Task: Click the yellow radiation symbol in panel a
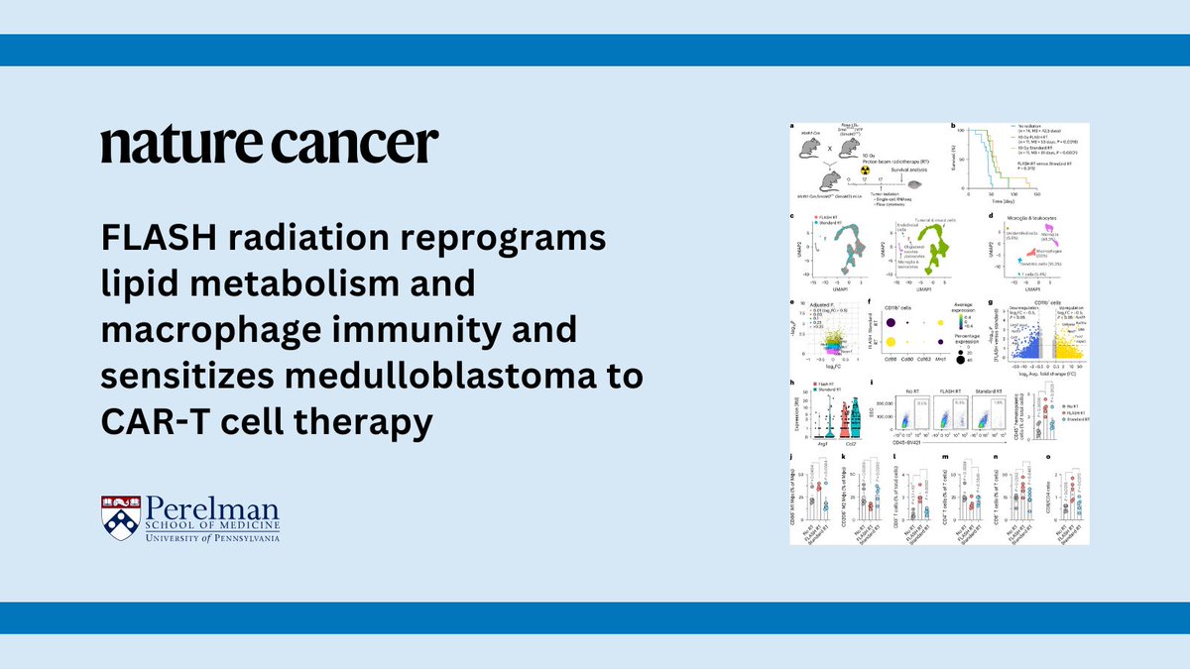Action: click(865, 169)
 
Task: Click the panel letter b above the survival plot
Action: click(953, 125)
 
